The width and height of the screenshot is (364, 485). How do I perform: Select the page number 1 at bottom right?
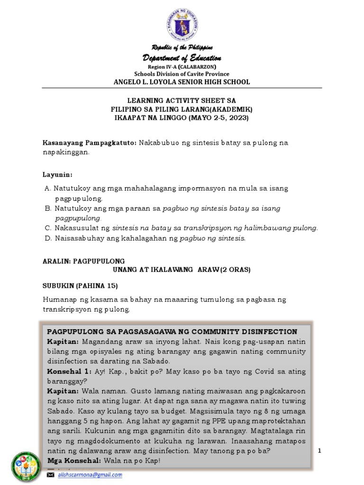[319, 451]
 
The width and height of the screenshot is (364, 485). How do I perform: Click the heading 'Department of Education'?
[182, 58]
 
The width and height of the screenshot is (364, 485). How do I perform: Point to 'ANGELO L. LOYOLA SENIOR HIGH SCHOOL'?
[182, 82]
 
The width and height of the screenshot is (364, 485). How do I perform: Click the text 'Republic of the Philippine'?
[182, 48]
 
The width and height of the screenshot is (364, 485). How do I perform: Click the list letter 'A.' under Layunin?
[47, 189]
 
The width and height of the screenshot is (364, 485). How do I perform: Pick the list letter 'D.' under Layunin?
[47, 238]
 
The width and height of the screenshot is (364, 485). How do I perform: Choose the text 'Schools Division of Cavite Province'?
[182, 74]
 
